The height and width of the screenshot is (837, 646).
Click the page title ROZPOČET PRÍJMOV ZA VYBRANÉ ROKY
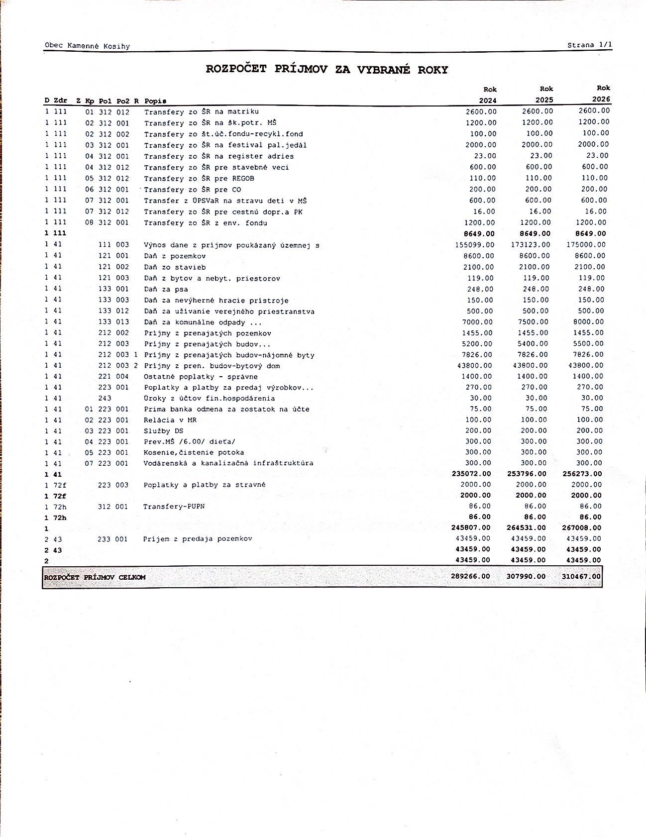tap(327, 70)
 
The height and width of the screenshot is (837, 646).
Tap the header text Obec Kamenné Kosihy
tap(87, 46)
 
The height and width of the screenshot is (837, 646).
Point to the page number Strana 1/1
tap(590, 45)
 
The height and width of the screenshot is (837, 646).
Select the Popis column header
tap(155, 101)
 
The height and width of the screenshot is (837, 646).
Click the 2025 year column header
tap(544, 100)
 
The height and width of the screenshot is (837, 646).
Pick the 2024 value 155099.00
tap(475, 245)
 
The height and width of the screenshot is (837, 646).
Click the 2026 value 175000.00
tap(586, 244)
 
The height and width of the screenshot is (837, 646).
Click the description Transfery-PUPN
tap(174, 507)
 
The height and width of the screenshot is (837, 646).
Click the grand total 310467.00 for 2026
tap(581, 576)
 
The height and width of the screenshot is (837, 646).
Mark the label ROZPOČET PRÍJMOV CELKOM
tap(95, 577)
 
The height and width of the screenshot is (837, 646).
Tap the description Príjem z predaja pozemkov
tap(198, 539)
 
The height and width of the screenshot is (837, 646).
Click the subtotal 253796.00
tap(527, 474)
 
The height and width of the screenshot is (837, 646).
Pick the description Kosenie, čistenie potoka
tap(194, 453)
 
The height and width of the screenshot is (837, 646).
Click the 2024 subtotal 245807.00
tap(471, 527)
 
